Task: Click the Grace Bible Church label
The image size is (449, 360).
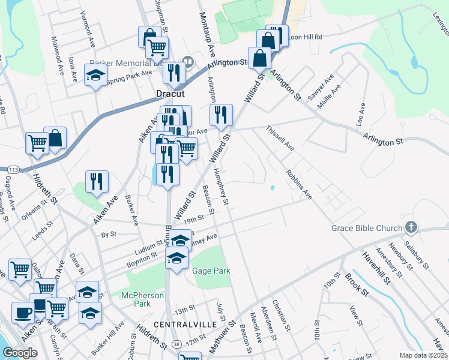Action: [x=366, y=228]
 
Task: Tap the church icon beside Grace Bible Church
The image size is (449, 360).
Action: [x=411, y=227]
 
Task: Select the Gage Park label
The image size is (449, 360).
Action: [x=211, y=271]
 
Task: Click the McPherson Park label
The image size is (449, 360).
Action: [x=143, y=299]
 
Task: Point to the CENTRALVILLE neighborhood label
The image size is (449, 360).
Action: [x=185, y=324]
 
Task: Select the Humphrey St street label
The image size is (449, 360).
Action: [x=220, y=187]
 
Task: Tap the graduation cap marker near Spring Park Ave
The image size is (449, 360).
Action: [x=95, y=76]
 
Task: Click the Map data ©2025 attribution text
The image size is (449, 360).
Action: [x=423, y=355]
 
